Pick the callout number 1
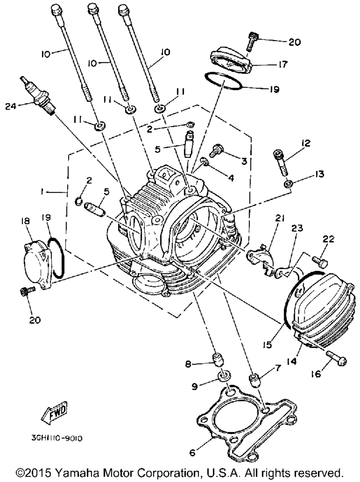coord(42,192)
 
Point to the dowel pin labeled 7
coord(254,380)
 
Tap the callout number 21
coord(280,219)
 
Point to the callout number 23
coord(298,228)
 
